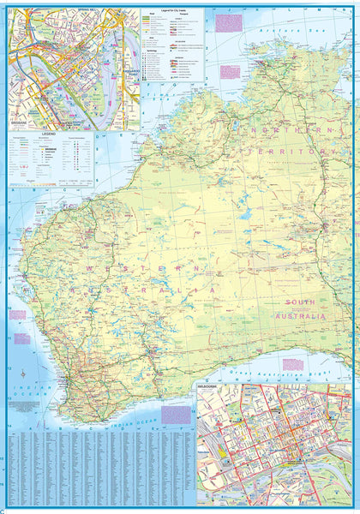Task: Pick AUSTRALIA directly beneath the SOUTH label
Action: pyautogui.click(x=306, y=316)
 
